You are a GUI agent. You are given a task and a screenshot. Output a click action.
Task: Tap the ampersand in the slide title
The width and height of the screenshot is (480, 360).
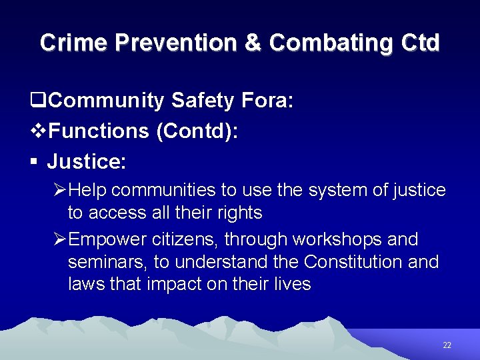click(x=252, y=43)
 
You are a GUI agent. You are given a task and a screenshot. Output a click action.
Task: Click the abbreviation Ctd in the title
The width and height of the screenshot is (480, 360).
click(x=421, y=43)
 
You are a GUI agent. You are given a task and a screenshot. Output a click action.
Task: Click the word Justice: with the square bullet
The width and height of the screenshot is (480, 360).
click(x=87, y=161)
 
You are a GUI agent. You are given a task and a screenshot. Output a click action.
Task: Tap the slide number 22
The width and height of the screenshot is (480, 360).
click(x=447, y=345)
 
